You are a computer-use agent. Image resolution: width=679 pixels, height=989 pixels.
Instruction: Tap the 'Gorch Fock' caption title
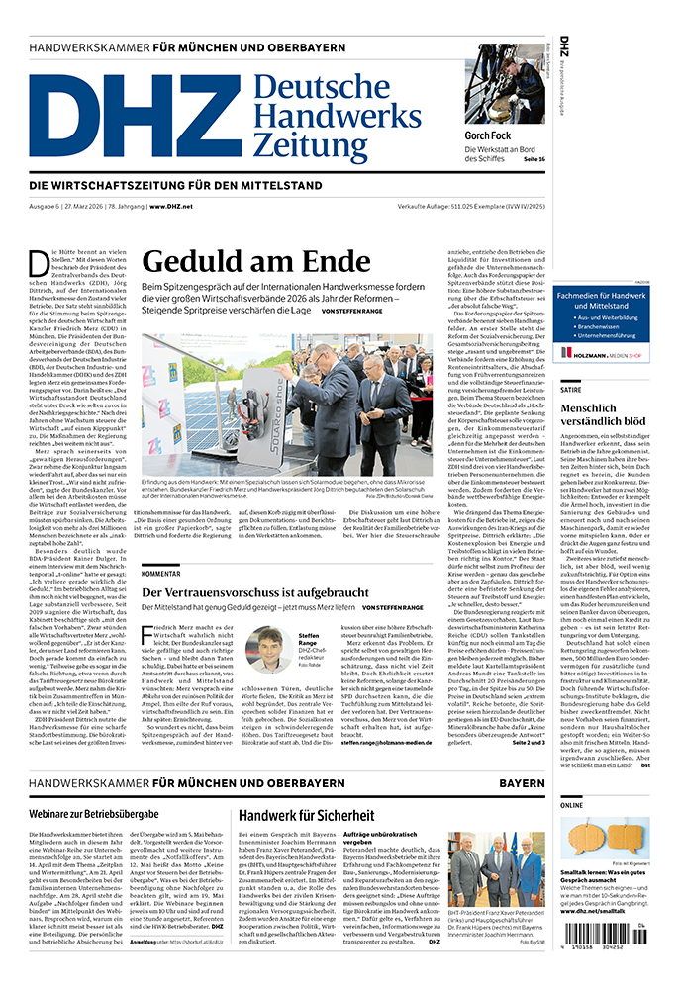coord(491,135)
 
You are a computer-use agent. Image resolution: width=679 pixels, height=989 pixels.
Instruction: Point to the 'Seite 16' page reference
coord(534,159)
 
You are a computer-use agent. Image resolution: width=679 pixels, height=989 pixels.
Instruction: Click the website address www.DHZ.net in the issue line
coord(172,205)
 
